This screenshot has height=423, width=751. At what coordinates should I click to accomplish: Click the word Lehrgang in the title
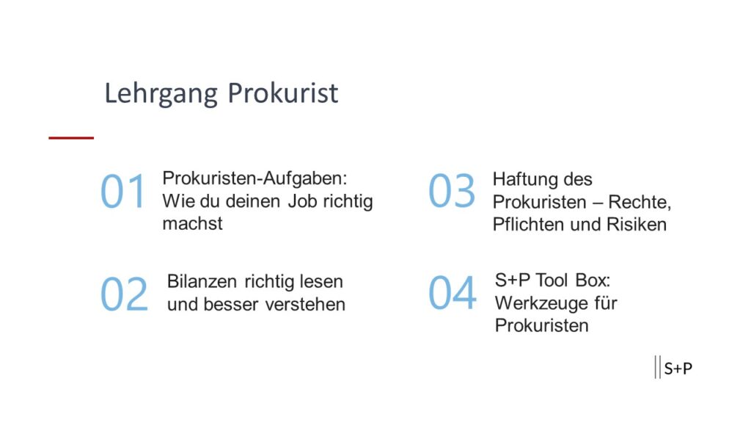pos(161,94)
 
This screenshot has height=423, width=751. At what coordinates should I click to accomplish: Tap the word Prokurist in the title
pos(282,94)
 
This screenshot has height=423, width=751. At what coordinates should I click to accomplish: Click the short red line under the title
pos(71,137)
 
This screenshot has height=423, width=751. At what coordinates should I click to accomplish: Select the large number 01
pos(123,192)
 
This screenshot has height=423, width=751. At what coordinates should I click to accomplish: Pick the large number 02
pos(124,294)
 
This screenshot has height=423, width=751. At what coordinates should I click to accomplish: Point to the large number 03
pos(452,192)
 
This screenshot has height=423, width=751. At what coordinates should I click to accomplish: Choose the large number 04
pos(452,293)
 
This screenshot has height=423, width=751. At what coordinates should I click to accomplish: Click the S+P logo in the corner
pos(674,368)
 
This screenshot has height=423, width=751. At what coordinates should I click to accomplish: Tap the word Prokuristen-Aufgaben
pos(254,178)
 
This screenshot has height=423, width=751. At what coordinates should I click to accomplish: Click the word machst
pos(192,223)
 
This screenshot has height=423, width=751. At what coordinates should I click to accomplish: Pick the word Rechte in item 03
pos(639,202)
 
